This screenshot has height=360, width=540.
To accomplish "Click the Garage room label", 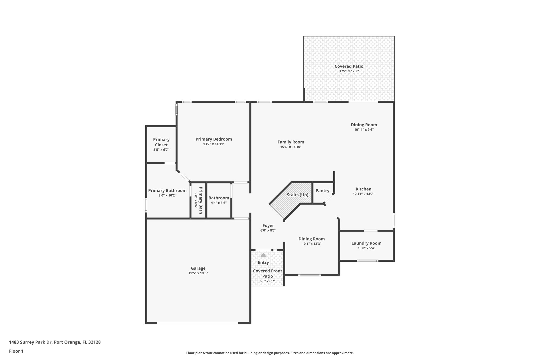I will coord(198,268).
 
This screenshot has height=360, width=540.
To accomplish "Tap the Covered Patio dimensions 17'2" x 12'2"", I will coord(349,71).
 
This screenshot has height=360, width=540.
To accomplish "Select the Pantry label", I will coord(322,191).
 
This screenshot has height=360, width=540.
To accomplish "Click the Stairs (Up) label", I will coord(297,195).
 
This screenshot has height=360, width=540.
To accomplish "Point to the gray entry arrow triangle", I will coord(263,255).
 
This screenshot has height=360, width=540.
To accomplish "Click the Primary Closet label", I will coord(161,142).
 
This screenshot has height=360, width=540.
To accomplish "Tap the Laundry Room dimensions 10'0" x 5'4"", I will coord(366,248).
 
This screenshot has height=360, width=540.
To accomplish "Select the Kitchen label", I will coord(363,189).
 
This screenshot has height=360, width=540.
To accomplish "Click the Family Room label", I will coord(291,142).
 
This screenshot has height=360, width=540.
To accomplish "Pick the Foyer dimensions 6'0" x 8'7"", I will coord(268,231).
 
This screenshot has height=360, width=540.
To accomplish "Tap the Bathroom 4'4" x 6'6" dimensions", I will coord(219,203).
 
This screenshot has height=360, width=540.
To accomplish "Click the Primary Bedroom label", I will coord(214,139).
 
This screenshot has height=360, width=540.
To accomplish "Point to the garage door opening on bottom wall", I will coord(197,323).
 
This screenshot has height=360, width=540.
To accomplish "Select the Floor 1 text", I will coord(16,351).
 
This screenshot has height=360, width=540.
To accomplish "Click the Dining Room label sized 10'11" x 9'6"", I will coord(364,125).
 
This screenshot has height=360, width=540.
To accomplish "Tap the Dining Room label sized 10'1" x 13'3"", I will coord(311,239).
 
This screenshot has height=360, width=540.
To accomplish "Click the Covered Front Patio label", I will coord(267,273).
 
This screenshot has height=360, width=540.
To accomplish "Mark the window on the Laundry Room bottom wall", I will coord(368,261).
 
